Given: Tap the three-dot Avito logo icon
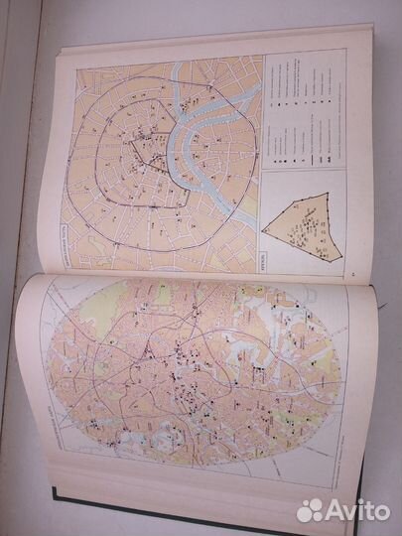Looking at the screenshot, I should coord(310,509).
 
